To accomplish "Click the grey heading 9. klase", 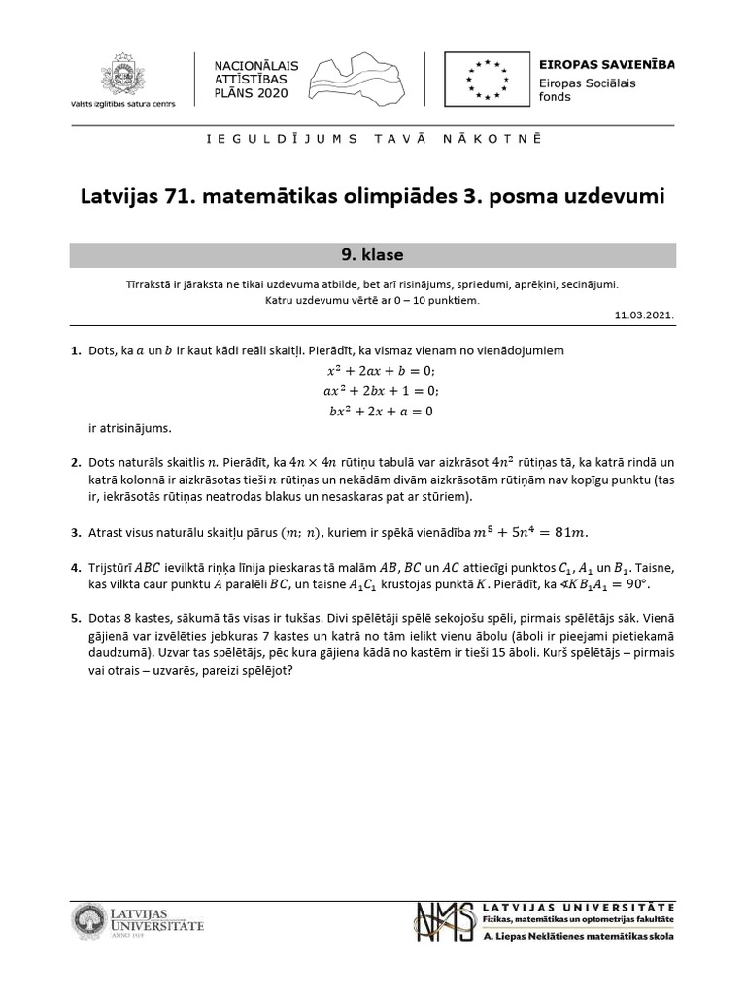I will (373, 255).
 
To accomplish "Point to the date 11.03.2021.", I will (644, 315).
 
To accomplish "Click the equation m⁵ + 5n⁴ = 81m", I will (530, 531).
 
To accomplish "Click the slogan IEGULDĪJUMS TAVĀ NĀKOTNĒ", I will (372, 139).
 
